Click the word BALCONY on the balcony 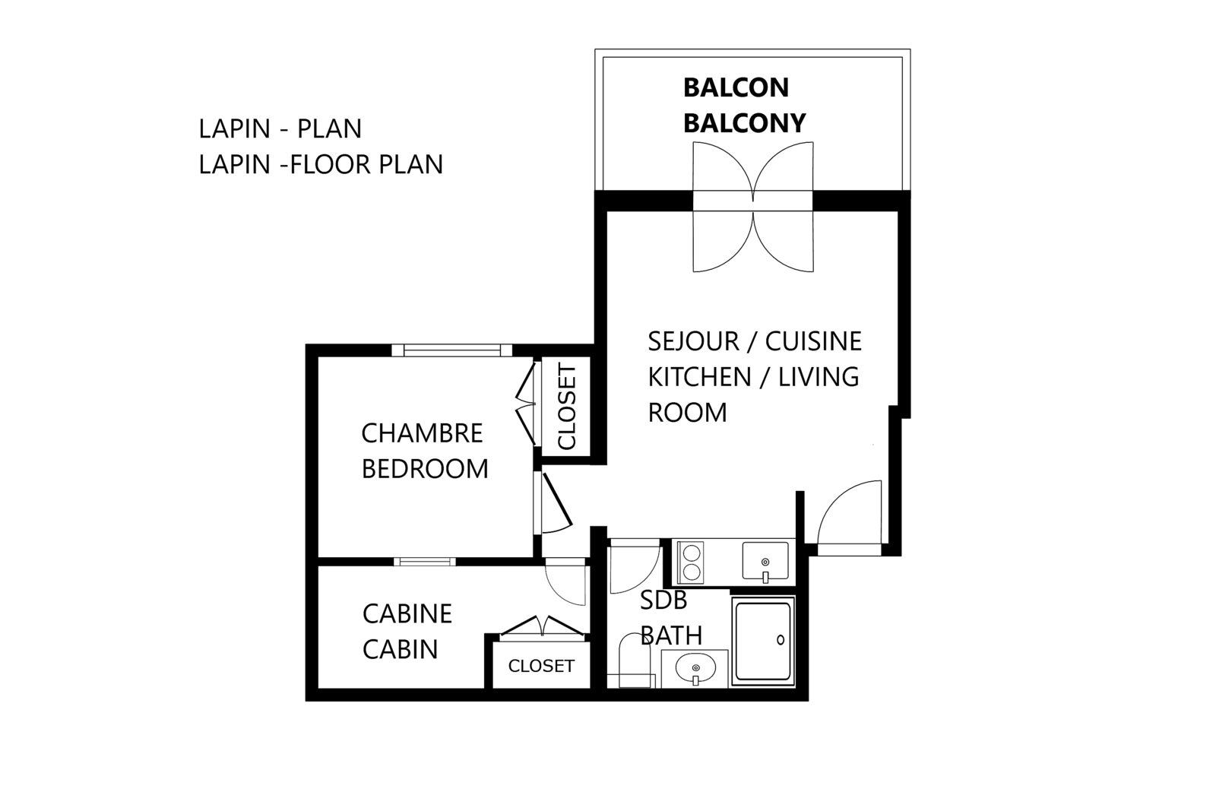point(744,122)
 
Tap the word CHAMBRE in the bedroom point(422,433)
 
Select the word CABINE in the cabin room point(407,613)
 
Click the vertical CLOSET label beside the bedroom point(568,407)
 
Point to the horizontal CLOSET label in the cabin point(541,666)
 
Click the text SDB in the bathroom point(663,600)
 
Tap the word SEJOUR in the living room point(693,341)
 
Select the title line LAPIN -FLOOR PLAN point(321,164)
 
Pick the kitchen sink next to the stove point(765,561)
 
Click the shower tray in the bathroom point(763,640)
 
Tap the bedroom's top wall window point(452,350)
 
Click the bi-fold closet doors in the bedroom point(525,407)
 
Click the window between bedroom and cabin point(424,562)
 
